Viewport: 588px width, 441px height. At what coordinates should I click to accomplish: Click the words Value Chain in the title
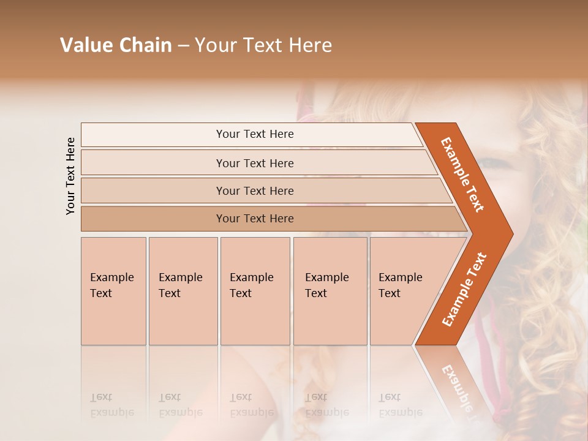click(116, 45)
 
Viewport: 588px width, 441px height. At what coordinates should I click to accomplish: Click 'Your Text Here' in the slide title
click(263, 45)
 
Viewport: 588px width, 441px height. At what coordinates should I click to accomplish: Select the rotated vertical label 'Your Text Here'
click(71, 176)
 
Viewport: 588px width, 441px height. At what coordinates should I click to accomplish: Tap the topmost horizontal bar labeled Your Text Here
click(254, 134)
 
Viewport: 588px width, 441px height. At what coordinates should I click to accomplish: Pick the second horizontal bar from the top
click(254, 163)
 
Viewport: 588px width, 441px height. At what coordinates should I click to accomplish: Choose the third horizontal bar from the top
click(254, 190)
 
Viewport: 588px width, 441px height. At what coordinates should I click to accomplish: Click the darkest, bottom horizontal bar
click(254, 219)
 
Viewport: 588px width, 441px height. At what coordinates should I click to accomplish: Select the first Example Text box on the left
click(113, 291)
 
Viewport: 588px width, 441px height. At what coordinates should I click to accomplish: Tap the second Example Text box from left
click(183, 291)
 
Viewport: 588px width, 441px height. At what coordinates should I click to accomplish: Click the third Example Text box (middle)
click(254, 291)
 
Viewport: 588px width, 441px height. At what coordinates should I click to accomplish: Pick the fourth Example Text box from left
click(330, 291)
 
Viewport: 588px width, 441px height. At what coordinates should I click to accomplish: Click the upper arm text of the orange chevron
click(462, 175)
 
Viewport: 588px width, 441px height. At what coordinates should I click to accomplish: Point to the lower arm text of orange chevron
click(464, 289)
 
